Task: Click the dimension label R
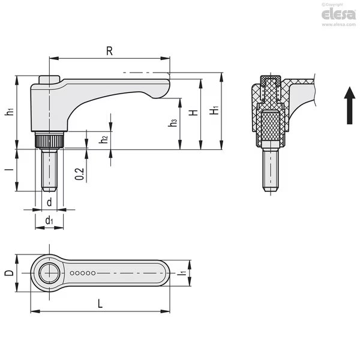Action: [x=109, y=52]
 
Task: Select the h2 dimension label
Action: [x=104, y=139]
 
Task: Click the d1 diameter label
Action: [x=49, y=221]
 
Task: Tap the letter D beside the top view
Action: [x=8, y=274]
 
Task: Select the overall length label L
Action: [x=100, y=304]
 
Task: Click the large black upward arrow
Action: [x=350, y=104]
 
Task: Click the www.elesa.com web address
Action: [x=340, y=25]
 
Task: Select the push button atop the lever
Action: [x=48, y=80]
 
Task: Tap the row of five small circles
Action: [x=83, y=273]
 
